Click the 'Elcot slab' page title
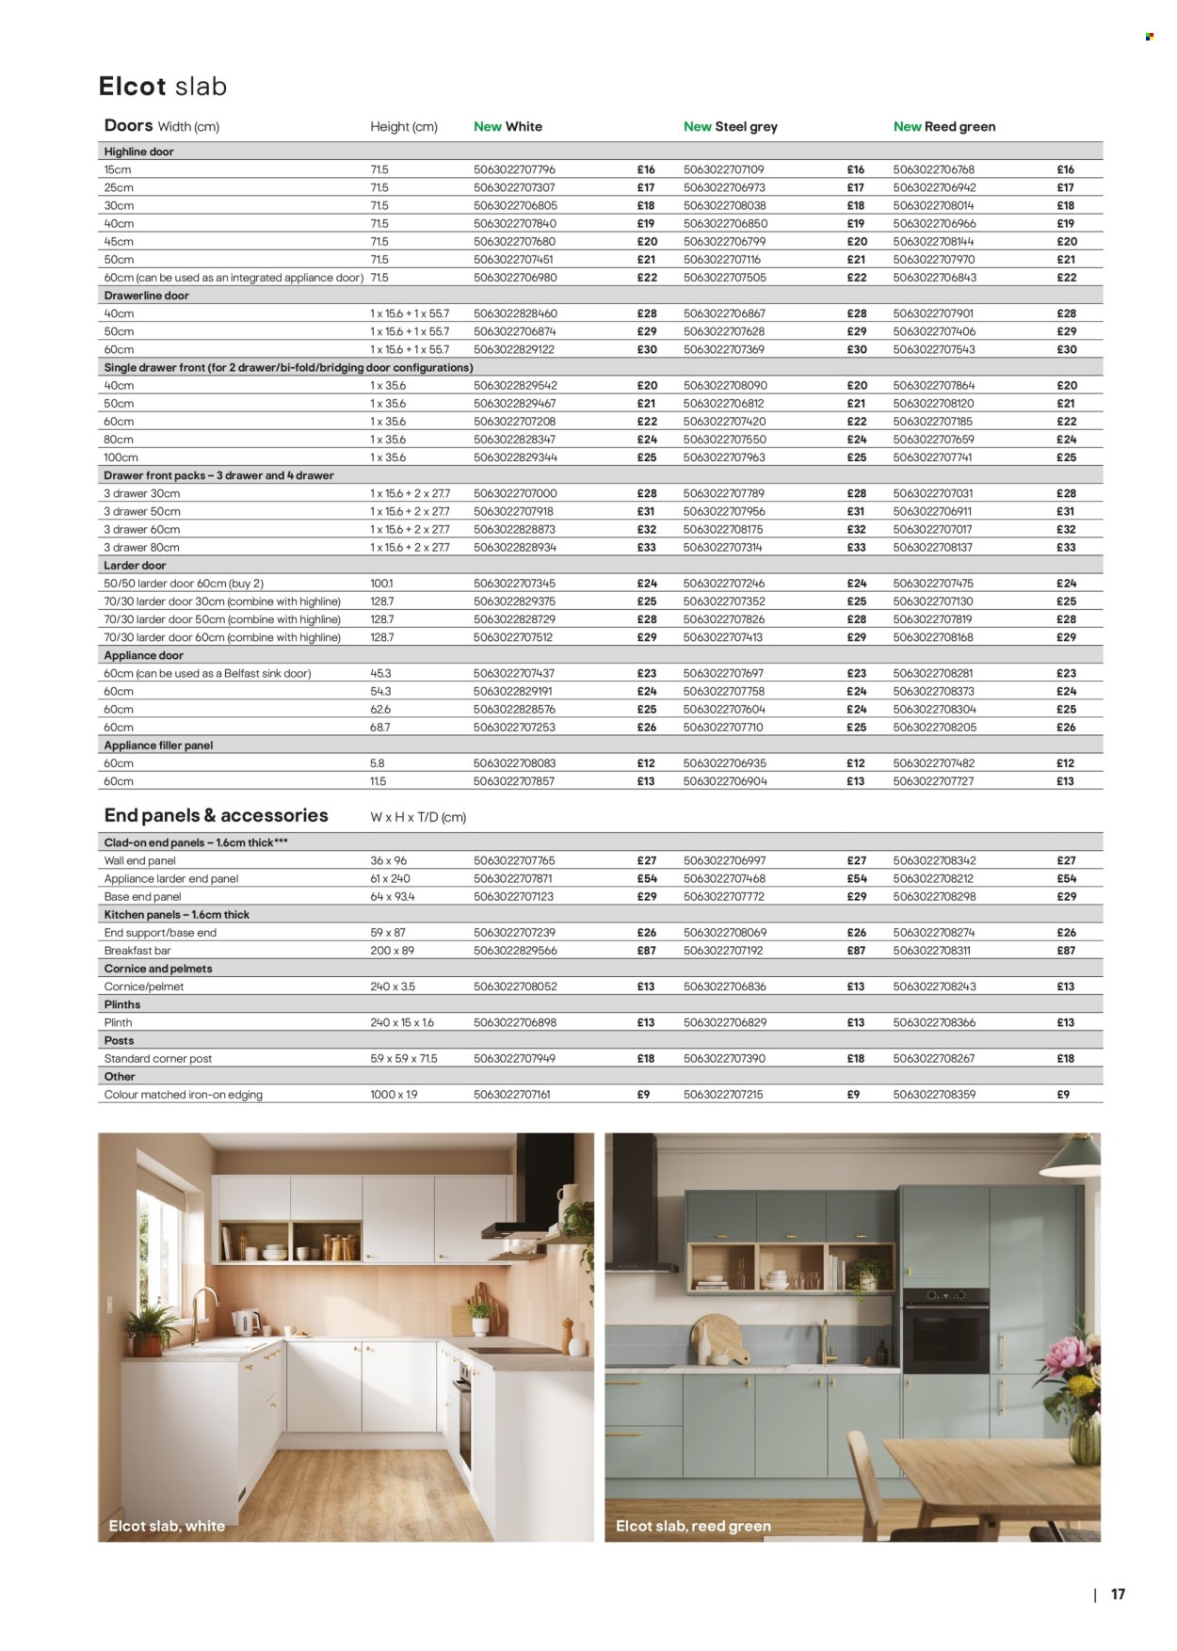pos(163,87)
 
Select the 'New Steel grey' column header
pos(730,126)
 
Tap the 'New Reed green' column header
pos(943,126)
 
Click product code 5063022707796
pos(514,169)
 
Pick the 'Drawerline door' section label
pos(146,296)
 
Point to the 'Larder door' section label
pos(135,566)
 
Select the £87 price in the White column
pos(646,951)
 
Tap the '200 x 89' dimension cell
pos(393,951)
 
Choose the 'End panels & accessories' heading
pos(216,816)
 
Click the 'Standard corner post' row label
pos(158,1059)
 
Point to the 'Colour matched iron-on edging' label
pos(184,1095)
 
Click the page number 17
pos(1118,1595)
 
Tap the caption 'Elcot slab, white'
pos(167,1526)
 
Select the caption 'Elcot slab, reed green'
pos(693,1526)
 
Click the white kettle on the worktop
pos(247,1322)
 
